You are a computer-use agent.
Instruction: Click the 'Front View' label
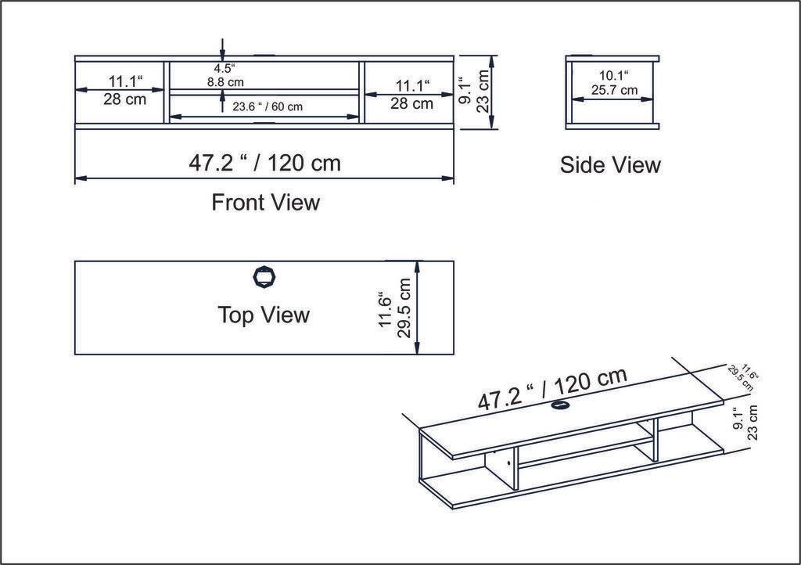click(265, 203)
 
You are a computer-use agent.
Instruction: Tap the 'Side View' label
click(610, 165)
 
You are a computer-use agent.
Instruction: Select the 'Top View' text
click(264, 315)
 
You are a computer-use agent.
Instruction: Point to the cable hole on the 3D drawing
click(560, 405)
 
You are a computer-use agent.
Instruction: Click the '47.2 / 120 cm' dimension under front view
click(264, 163)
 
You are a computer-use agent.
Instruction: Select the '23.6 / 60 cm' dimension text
click(267, 106)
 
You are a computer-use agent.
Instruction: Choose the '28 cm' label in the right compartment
click(412, 103)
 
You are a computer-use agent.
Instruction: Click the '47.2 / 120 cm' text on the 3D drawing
click(552, 389)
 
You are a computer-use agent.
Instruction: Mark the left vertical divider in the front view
click(167, 91)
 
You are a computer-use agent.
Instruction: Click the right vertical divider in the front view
click(361, 91)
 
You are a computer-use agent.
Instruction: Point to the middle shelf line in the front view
click(264, 92)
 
